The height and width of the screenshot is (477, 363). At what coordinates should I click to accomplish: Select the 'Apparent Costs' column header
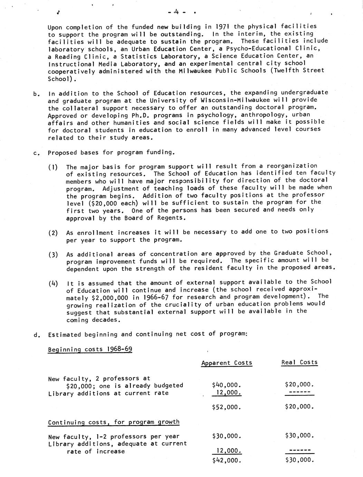coord(227,363)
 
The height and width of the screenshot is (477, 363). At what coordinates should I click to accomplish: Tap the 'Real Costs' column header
coord(299,362)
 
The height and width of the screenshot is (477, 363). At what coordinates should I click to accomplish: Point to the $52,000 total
coord(227,407)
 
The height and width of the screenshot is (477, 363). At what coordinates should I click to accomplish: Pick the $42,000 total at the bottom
coord(227,460)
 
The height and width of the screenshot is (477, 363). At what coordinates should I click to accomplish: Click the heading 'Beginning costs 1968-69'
coord(90,349)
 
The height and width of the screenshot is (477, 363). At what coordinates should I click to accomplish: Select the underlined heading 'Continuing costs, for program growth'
coord(114,422)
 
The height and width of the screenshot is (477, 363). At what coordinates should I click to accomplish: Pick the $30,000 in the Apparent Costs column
coord(227,436)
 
